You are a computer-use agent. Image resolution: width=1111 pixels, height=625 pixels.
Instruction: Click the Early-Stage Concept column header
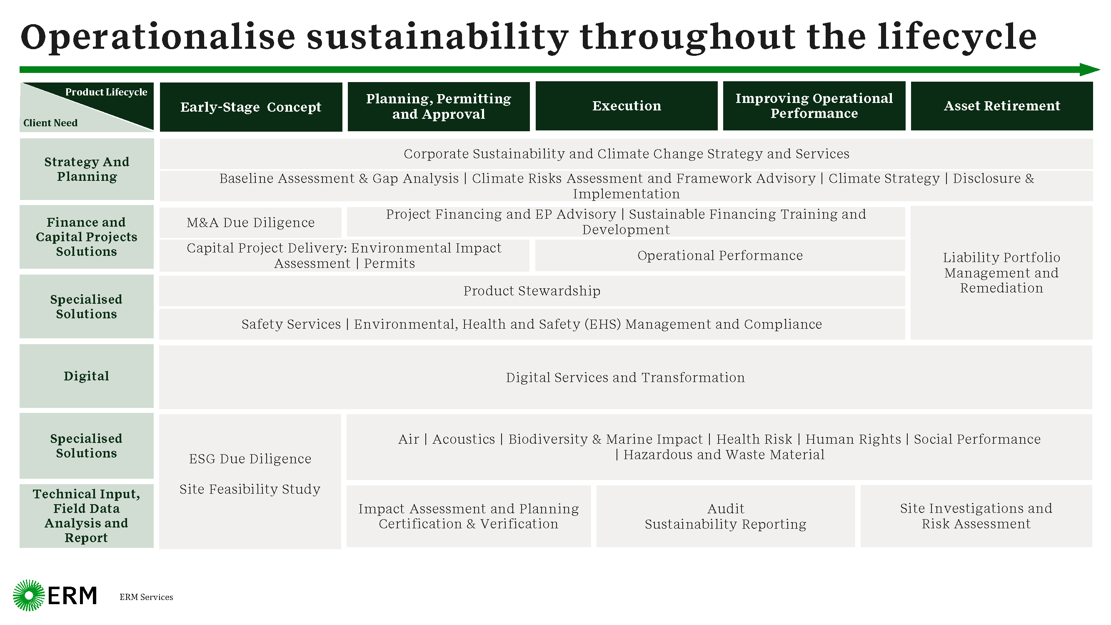click(251, 107)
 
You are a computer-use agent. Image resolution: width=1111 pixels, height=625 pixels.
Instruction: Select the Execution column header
click(626, 106)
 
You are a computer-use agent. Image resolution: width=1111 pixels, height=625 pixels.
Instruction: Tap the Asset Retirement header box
click(1001, 106)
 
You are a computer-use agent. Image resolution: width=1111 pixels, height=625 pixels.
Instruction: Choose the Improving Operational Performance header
click(814, 106)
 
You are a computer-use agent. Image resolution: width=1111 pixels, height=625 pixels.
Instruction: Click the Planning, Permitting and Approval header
click(439, 106)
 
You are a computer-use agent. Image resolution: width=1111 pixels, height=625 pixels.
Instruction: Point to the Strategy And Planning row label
click(87, 169)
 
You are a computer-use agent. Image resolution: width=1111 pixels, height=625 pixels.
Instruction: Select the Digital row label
click(87, 376)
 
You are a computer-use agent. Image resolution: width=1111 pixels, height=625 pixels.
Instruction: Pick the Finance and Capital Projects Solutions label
click(87, 237)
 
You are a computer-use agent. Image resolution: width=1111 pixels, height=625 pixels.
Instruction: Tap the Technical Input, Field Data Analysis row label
click(87, 516)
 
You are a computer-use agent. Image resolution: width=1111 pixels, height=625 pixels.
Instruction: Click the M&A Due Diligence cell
click(251, 222)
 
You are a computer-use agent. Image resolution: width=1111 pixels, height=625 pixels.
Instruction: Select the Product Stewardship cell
click(532, 291)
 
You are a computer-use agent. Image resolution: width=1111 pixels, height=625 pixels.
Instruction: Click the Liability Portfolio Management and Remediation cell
click(1001, 272)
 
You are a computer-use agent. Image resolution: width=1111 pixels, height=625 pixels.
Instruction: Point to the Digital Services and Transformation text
click(625, 377)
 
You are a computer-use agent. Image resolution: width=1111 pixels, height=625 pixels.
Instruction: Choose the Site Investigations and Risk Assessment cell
click(976, 516)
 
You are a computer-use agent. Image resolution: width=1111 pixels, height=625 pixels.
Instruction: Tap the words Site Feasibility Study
click(250, 489)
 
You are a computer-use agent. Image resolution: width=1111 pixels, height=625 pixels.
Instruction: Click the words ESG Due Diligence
click(250, 458)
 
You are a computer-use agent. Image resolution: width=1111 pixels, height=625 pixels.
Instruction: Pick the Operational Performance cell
click(720, 255)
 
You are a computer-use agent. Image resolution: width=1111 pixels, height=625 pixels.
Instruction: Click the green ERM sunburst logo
click(29, 595)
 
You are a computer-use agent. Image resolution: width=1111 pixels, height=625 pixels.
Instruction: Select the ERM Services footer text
click(146, 597)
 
